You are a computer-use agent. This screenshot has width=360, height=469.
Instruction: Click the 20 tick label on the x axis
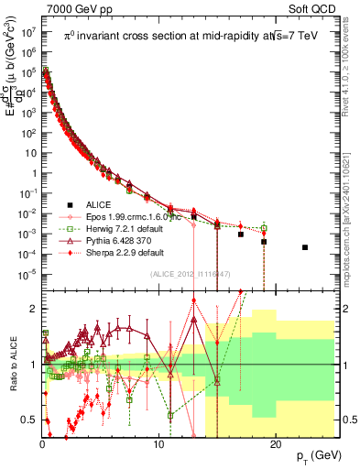point(273,442)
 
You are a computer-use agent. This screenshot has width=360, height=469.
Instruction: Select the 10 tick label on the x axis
point(158,442)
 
